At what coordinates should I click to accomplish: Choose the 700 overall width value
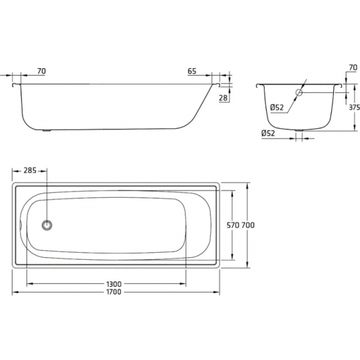[248, 225]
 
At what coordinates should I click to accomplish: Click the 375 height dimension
[353, 107]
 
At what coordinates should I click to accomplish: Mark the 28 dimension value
[224, 98]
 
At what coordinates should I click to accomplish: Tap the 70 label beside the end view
[353, 67]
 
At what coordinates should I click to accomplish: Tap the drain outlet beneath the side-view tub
[46, 130]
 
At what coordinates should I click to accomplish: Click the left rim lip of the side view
[15, 84]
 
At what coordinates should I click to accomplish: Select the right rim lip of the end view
[339, 84]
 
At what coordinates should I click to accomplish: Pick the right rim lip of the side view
[215, 84]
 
